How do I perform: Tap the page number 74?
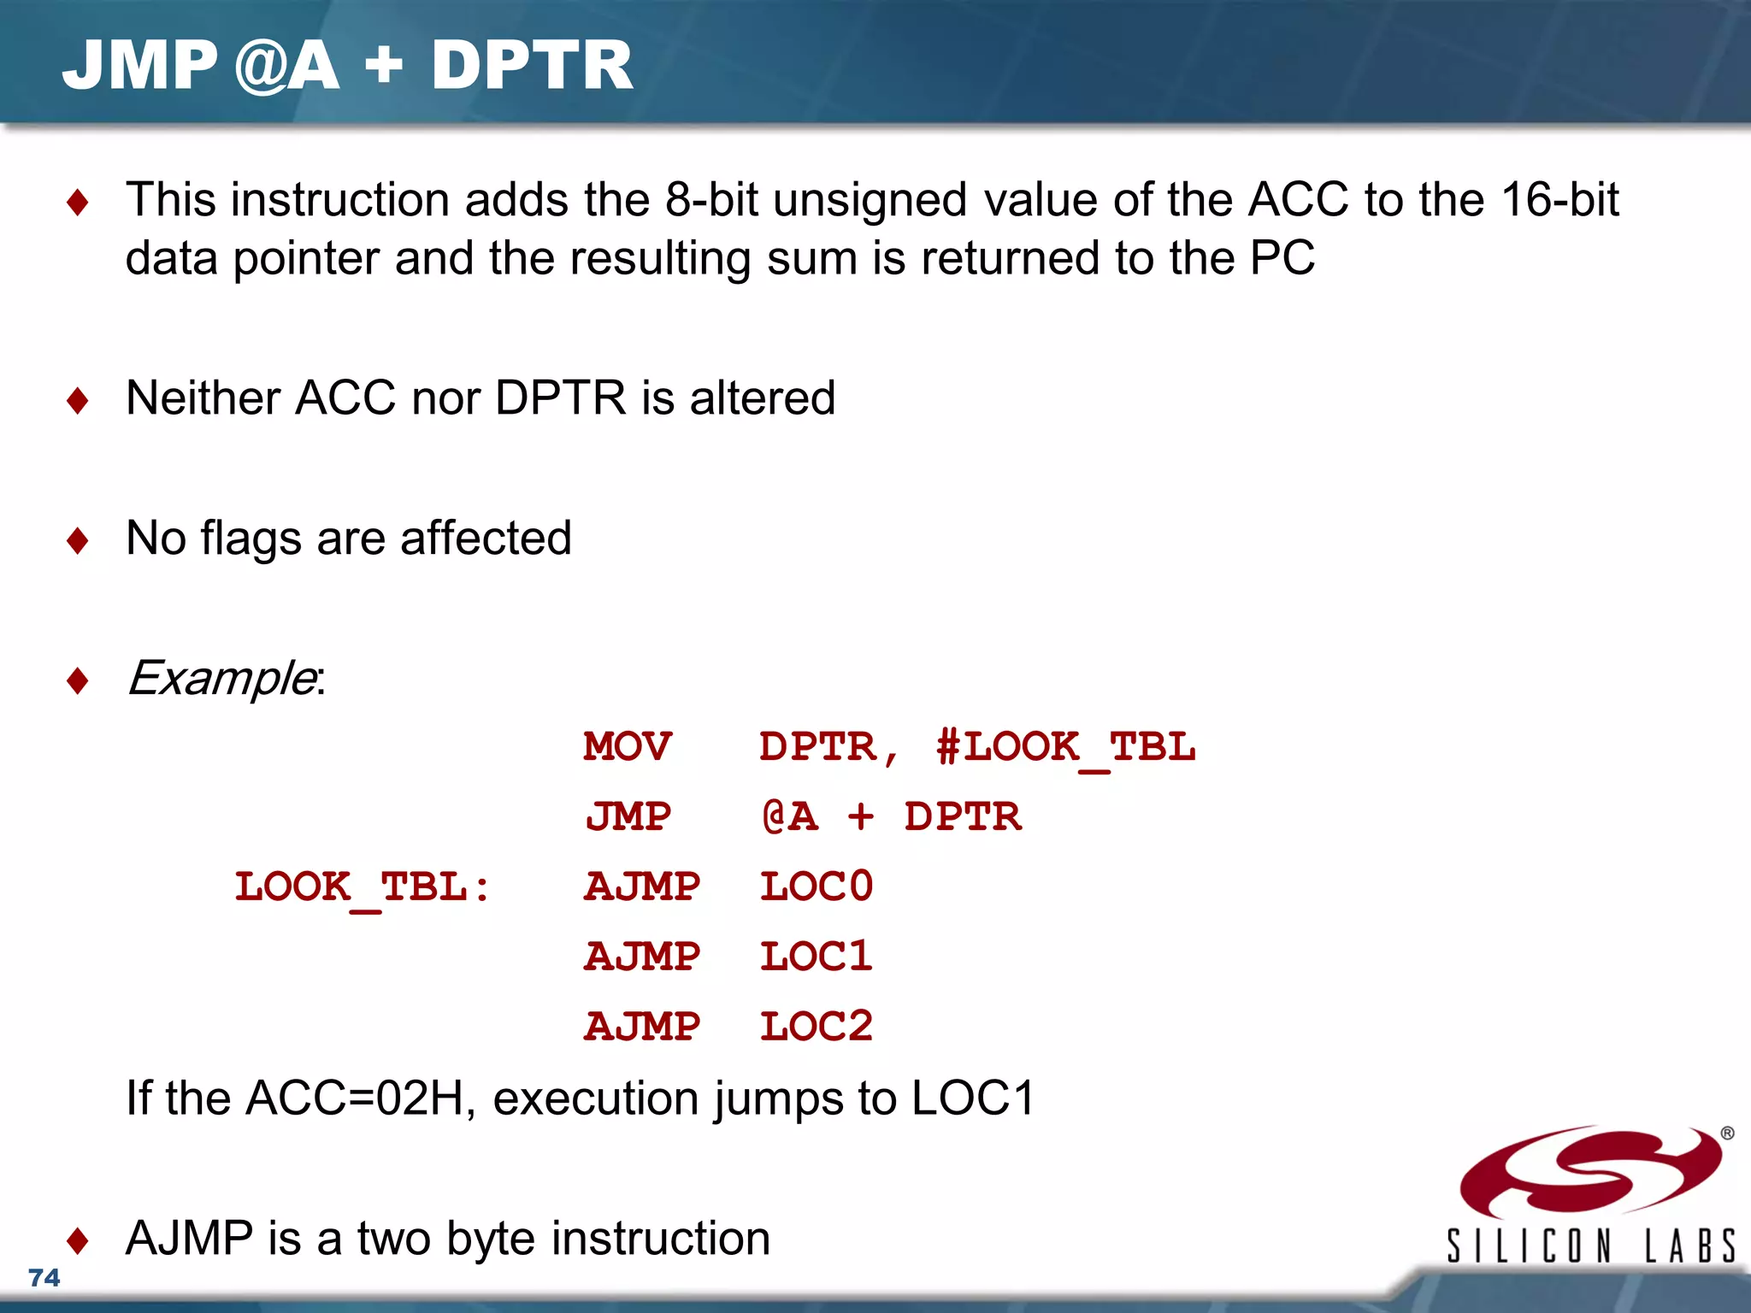point(44,1277)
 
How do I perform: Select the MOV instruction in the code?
point(628,746)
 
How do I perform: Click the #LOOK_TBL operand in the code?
point(1065,747)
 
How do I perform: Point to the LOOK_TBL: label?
point(363,887)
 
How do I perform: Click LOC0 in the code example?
point(816,886)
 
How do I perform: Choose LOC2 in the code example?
point(816,1027)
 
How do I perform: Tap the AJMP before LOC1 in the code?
point(642,957)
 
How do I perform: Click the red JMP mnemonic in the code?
point(628,816)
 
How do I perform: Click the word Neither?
point(203,398)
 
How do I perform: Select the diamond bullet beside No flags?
point(78,540)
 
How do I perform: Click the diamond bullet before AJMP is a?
point(78,1240)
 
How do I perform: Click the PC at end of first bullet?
point(1282,258)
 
